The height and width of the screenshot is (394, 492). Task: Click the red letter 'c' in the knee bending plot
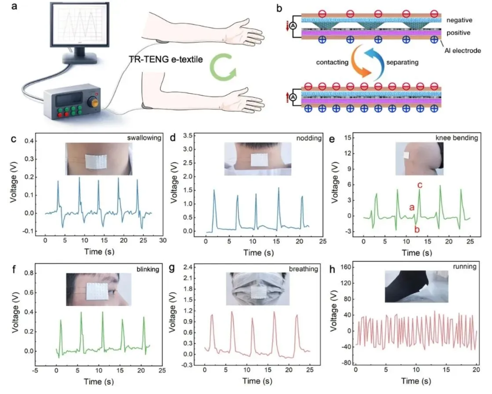[420, 185]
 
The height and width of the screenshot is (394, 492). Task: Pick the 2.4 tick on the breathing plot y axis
[189, 268]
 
